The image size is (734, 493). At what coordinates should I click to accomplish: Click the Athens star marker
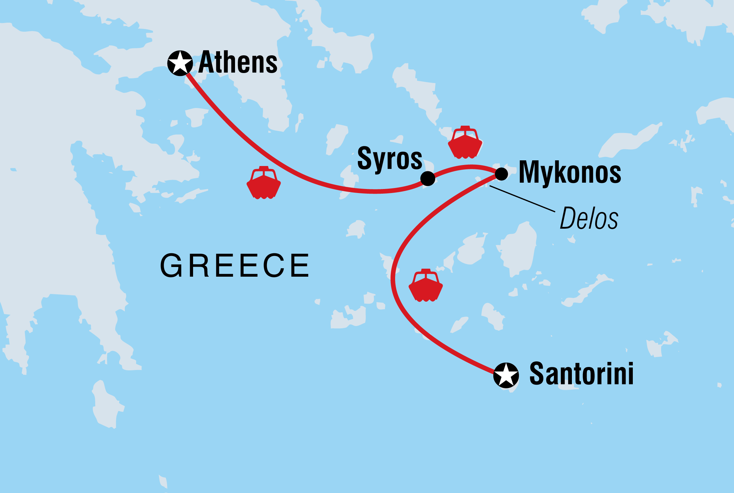pos(180,63)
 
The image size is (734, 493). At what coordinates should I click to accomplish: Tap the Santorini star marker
pos(506,375)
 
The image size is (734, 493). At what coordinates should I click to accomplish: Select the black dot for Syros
pos(428,178)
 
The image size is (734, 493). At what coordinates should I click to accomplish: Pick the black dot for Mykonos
pos(501,174)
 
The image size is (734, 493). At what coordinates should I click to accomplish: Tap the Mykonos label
pos(570,172)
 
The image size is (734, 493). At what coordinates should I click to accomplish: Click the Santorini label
pos(581,374)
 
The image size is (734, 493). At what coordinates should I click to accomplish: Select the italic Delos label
pos(589,218)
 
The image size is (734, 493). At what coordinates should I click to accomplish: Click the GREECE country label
pos(235,266)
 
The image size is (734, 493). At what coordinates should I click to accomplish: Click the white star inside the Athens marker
pos(180,63)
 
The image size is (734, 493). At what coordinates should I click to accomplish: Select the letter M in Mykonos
pos(530,172)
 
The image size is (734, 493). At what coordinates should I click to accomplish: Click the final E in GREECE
pos(299,266)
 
